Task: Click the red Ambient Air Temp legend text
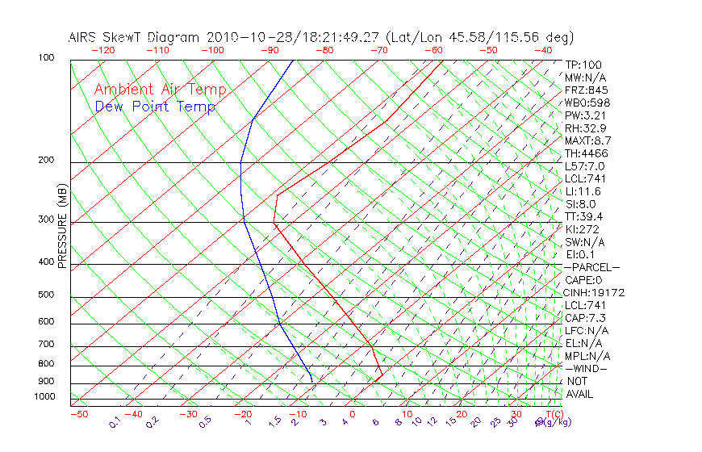pos(160,90)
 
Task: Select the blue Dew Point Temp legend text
pos(155,107)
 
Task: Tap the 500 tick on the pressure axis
pos(47,295)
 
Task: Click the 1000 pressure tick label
pos(44,397)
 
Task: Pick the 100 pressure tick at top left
pos(47,58)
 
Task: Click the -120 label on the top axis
pos(102,50)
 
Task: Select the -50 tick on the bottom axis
pos(78,414)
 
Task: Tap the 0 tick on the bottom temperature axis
pos(353,414)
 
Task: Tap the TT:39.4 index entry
pos(584,216)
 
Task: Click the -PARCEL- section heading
pos(591,267)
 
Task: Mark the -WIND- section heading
pos(587,368)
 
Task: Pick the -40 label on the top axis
pos(543,50)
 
